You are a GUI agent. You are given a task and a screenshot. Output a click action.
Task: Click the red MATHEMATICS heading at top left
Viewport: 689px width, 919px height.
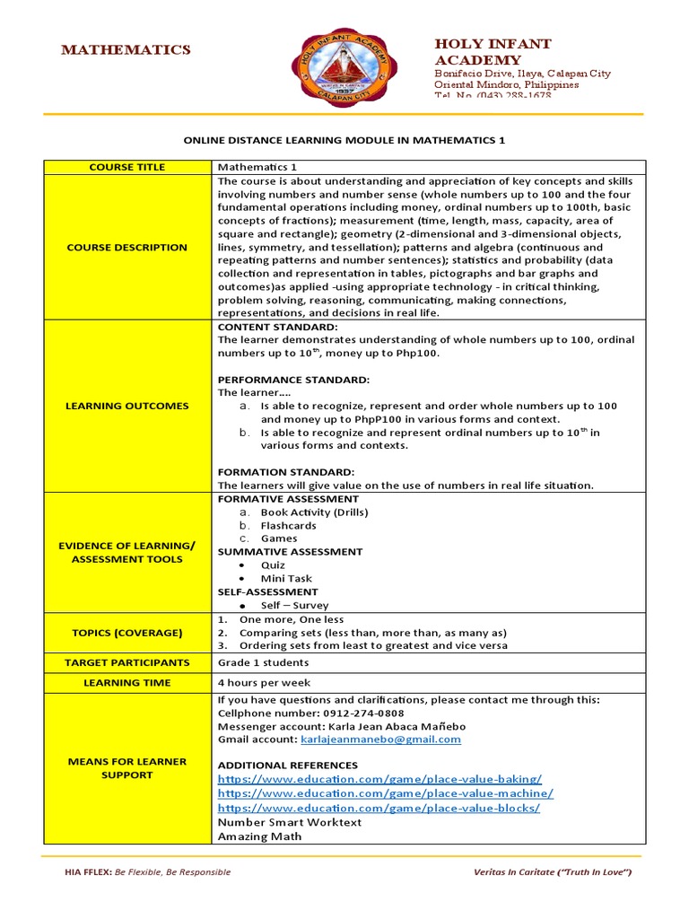[x=126, y=50]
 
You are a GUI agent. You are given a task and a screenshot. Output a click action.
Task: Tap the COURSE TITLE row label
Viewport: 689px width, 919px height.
[x=126, y=167]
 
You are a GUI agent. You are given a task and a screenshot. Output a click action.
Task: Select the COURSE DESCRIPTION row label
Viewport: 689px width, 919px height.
[x=126, y=247]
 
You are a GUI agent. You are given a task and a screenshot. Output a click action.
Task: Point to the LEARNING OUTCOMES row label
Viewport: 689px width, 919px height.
[x=126, y=406]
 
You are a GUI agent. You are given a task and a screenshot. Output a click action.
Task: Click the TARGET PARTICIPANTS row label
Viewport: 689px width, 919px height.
[x=126, y=662]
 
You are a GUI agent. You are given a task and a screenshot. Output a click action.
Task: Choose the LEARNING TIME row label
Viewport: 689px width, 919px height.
[x=126, y=682]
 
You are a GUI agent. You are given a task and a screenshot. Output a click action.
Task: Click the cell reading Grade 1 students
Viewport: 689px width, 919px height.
[x=263, y=662]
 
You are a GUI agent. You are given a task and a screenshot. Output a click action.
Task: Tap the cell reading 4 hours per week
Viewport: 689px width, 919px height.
[x=264, y=682]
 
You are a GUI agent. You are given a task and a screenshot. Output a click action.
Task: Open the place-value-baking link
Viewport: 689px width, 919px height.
[x=379, y=779]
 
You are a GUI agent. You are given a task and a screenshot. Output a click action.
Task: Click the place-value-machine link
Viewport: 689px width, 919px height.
[x=385, y=793]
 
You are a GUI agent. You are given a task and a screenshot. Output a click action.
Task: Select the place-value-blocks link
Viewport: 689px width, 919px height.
[x=379, y=808]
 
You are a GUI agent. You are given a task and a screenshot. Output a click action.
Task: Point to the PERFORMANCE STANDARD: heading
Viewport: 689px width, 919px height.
[x=281, y=380]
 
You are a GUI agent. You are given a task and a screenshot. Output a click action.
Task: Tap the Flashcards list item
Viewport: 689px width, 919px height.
[x=288, y=525]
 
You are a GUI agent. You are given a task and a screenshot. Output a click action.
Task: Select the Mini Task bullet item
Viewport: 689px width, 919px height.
[x=286, y=579]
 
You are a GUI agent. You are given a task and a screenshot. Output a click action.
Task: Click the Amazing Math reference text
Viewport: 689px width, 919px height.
[x=259, y=836]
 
